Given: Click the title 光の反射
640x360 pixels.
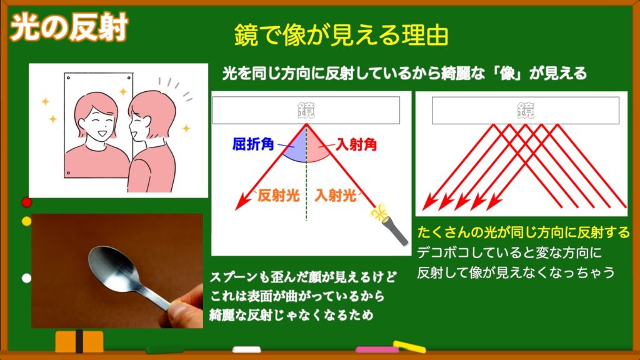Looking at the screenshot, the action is [69, 27].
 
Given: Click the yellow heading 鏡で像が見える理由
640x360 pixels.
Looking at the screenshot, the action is [341, 35].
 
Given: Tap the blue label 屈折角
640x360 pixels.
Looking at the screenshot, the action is [252, 144].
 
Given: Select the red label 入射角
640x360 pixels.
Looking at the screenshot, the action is [356, 144].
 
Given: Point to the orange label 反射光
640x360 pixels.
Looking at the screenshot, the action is [278, 196].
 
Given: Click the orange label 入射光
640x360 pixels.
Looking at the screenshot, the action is [336, 196].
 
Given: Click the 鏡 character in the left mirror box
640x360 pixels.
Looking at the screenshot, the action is [306, 110].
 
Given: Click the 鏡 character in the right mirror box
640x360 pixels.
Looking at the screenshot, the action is [526, 110].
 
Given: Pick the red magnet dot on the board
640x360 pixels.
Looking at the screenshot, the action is [26, 202].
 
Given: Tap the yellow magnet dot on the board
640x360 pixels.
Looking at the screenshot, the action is [26, 221].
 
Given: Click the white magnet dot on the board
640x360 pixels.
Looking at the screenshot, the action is [26, 278].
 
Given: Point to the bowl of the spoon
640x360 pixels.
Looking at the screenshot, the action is [110, 267].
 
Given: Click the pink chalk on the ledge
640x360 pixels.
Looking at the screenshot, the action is [377, 350].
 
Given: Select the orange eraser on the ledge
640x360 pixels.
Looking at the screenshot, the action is [79, 341].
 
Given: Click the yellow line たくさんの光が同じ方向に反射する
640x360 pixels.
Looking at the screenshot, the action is [524, 232].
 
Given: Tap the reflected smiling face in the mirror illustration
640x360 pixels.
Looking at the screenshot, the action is [96, 119].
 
